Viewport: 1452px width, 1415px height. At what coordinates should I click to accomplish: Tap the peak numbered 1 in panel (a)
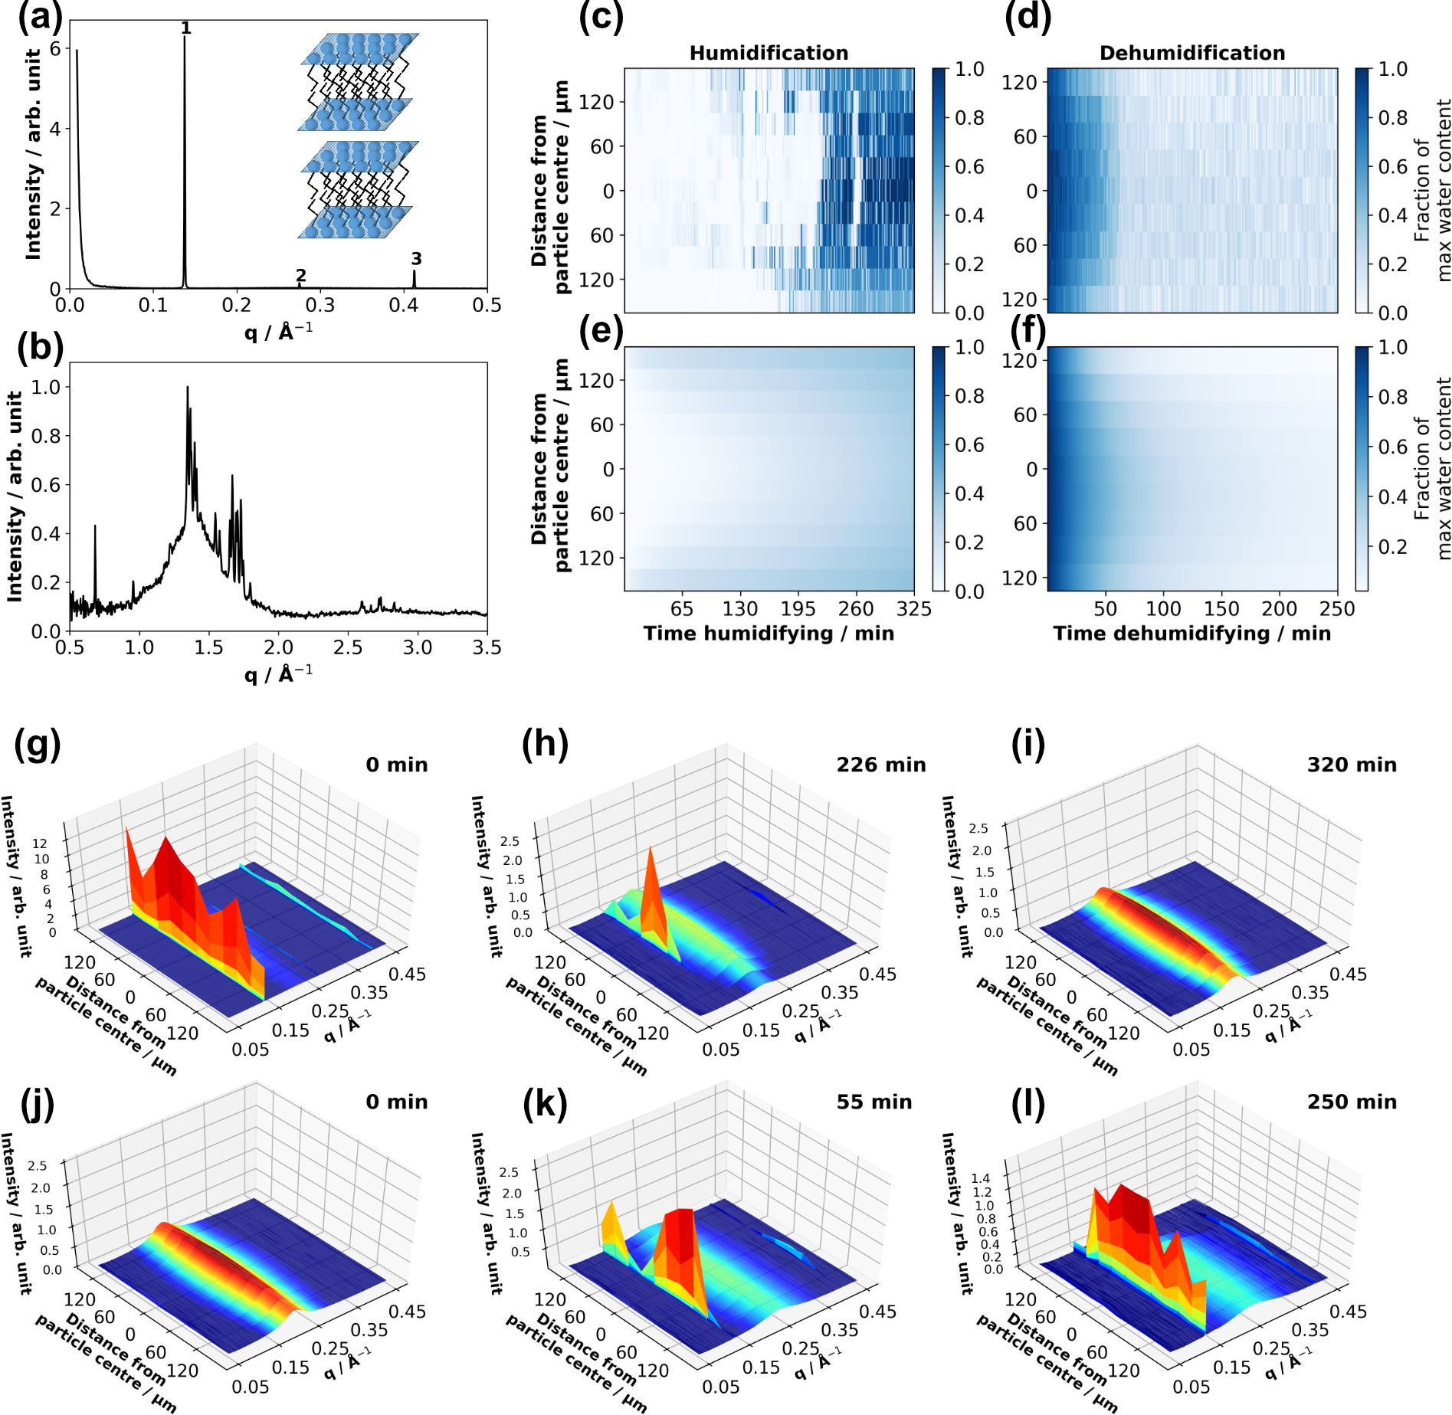click(x=185, y=38)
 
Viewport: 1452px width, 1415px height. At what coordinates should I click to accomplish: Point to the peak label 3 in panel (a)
click(x=416, y=259)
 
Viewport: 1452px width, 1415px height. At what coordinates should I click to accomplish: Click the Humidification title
click(x=769, y=53)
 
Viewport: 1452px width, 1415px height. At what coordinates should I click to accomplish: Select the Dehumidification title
click(x=1191, y=53)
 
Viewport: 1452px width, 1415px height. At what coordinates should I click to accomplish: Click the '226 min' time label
click(x=880, y=765)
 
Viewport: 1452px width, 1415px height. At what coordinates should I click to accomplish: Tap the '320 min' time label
click(x=1352, y=765)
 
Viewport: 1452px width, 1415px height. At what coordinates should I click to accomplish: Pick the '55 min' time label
click(x=873, y=1102)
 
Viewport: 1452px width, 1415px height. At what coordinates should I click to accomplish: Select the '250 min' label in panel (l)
click(x=1352, y=1102)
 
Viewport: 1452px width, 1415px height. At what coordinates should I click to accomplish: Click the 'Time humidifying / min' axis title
click(x=769, y=634)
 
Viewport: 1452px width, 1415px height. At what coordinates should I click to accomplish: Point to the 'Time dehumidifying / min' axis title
click(x=1191, y=634)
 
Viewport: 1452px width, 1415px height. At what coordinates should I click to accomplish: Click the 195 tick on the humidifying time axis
click(x=798, y=609)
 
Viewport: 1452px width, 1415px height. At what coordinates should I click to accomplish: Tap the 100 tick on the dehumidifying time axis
click(x=1163, y=609)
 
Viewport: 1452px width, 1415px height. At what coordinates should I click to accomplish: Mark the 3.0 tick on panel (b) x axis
click(x=418, y=648)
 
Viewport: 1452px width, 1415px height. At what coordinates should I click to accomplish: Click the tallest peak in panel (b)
click(x=188, y=389)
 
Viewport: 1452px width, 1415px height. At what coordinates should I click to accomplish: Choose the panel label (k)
click(x=545, y=1105)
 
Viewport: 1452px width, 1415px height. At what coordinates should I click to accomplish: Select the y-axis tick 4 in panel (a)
click(x=55, y=129)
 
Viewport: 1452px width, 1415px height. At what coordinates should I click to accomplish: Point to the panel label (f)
click(x=1028, y=332)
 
